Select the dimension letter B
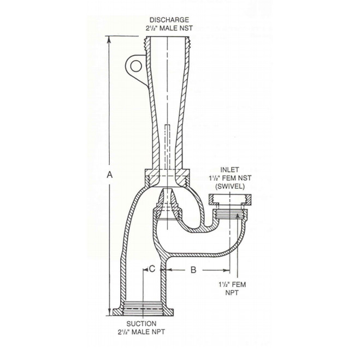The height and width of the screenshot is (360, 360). tap(193, 269)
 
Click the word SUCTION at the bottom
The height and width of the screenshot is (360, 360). tap(143, 324)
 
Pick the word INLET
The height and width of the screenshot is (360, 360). tap(228, 169)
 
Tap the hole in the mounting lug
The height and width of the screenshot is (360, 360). tap(134, 67)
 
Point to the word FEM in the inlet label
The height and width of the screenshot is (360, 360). tap(227, 178)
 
